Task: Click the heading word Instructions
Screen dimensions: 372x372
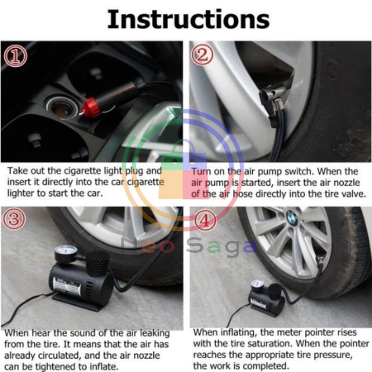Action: point(189,20)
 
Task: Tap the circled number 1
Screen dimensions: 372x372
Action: point(15,56)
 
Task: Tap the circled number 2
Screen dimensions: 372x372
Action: point(202,54)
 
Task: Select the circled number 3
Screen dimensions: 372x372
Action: point(14,219)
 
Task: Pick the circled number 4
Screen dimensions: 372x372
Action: point(205,221)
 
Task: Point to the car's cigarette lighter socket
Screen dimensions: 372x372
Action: point(62,108)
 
